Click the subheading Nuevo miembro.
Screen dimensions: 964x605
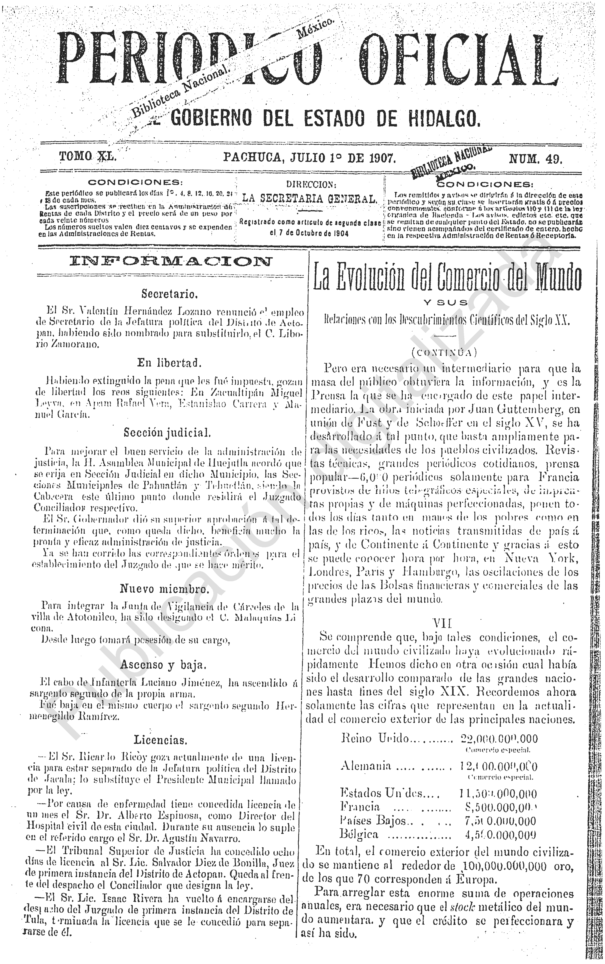(164, 589)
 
